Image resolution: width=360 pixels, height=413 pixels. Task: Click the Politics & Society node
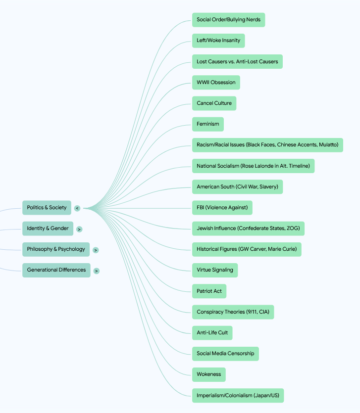point(47,208)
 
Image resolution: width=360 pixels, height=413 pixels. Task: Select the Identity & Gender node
point(48,229)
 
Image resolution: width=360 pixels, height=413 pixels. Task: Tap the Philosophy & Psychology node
point(56,249)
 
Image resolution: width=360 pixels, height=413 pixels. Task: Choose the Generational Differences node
point(56,270)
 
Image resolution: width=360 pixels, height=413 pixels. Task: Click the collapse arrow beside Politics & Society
point(77,208)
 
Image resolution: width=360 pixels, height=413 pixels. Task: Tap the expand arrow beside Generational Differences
point(97,271)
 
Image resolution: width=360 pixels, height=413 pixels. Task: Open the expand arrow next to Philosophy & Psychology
point(96,250)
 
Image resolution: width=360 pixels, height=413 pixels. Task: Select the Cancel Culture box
point(214,103)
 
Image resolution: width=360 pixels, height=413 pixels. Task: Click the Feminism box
point(208,124)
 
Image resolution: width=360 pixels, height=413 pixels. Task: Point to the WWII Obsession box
point(216,83)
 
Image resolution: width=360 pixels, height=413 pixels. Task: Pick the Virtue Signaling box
point(215,270)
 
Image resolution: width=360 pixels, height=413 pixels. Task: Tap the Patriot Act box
point(209,291)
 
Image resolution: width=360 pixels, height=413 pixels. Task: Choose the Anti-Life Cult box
point(212,333)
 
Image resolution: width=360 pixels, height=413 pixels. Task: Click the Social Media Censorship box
point(225,354)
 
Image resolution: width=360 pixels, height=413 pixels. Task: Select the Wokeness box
point(209,374)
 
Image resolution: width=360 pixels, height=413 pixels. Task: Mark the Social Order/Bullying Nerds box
point(229,20)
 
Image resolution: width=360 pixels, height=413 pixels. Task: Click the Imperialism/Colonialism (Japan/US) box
point(238,395)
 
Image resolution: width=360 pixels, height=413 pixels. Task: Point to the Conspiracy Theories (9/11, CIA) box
point(233,312)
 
